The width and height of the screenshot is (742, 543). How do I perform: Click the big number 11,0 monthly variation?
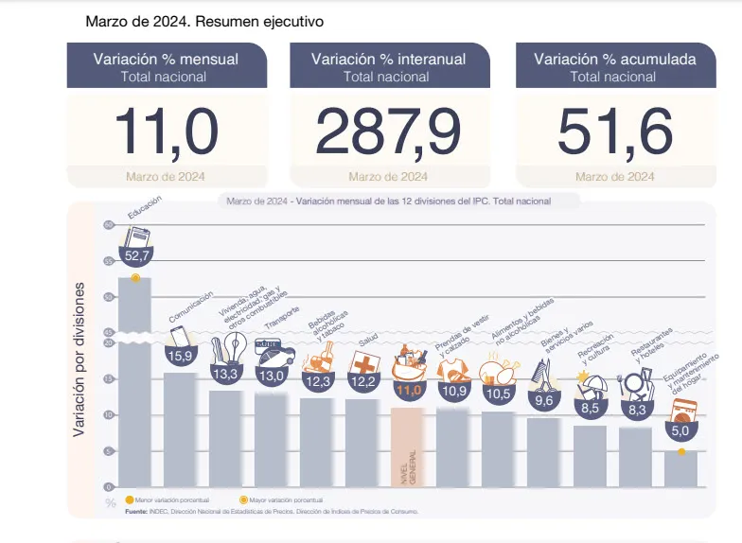click(x=166, y=131)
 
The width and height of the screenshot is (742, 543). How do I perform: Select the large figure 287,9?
click(x=388, y=131)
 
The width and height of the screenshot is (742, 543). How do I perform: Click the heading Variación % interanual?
click(x=388, y=59)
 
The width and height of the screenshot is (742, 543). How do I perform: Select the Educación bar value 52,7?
click(x=135, y=255)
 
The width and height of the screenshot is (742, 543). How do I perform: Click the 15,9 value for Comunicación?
click(x=181, y=356)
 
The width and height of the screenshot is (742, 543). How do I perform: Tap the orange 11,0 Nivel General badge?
click(x=408, y=388)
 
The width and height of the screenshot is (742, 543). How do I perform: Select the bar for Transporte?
click(x=272, y=439)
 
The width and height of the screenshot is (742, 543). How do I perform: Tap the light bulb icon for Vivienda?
click(x=227, y=350)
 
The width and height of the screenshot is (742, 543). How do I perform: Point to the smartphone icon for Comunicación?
click(x=179, y=337)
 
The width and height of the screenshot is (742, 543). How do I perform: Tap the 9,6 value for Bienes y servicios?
click(x=544, y=401)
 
